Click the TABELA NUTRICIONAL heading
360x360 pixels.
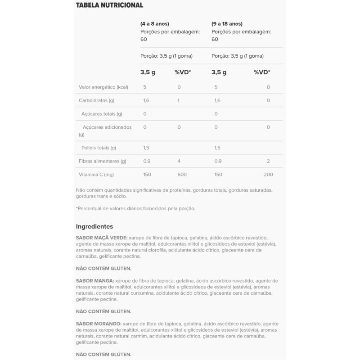(109, 5)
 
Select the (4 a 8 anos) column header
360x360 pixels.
(155, 23)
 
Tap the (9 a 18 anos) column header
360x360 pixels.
(227, 23)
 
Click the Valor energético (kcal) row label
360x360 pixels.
(103, 87)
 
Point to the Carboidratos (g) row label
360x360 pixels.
(96, 100)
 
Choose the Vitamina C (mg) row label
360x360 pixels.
(96, 174)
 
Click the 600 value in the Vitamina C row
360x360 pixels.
(179, 174)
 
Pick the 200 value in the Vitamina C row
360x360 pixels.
(268, 174)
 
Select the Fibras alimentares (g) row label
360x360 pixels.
(102, 161)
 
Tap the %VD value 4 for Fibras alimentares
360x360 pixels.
(179, 161)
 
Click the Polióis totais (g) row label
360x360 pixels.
(99, 148)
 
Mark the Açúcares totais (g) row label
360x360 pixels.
(102, 114)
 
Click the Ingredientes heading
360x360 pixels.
(94, 226)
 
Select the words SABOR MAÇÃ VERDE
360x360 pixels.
(101, 238)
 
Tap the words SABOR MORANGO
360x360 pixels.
(98, 324)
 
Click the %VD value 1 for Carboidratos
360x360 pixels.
(179, 100)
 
